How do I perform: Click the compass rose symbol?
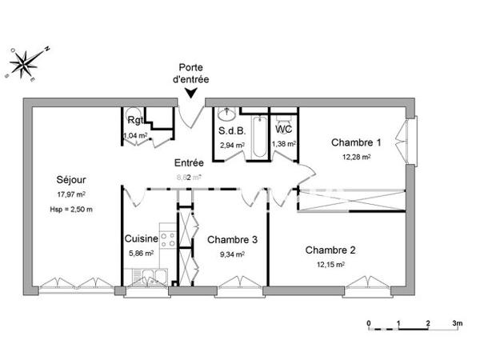click(x=28, y=63)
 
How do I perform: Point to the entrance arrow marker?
click(x=193, y=93)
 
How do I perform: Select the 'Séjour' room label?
click(x=70, y=179)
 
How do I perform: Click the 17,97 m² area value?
click(x=70, y=194)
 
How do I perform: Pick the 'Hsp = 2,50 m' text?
click(x=70, y=210)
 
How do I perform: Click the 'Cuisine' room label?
click(x=141, y=238)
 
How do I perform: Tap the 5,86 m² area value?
click(x=141, y=253)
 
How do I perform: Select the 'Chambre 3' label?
click(x=232, y=239)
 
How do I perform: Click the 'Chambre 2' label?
click(x=330, y=250)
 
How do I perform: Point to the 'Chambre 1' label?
click(x=356, y=142)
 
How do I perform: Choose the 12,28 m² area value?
click(x=356, y=158)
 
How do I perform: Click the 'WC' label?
click(x=283, y=129)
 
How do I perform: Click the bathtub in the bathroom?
click(x=258, y=137)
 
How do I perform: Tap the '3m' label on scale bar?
click(x=457, y=323)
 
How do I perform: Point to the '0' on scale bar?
click(x=369, y=323)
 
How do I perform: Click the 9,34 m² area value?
click(x=231, y=254)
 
